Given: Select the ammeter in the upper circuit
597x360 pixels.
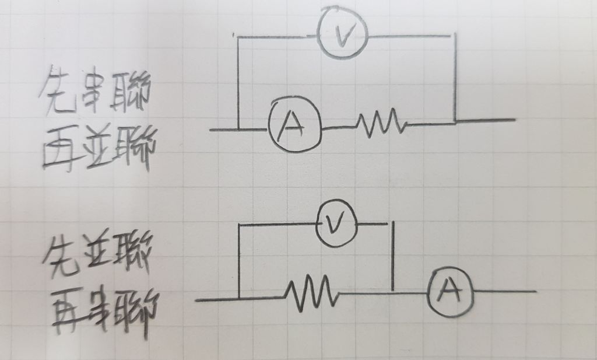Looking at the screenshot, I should coord(294,124).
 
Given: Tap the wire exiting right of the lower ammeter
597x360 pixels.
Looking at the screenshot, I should coord(504,291).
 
